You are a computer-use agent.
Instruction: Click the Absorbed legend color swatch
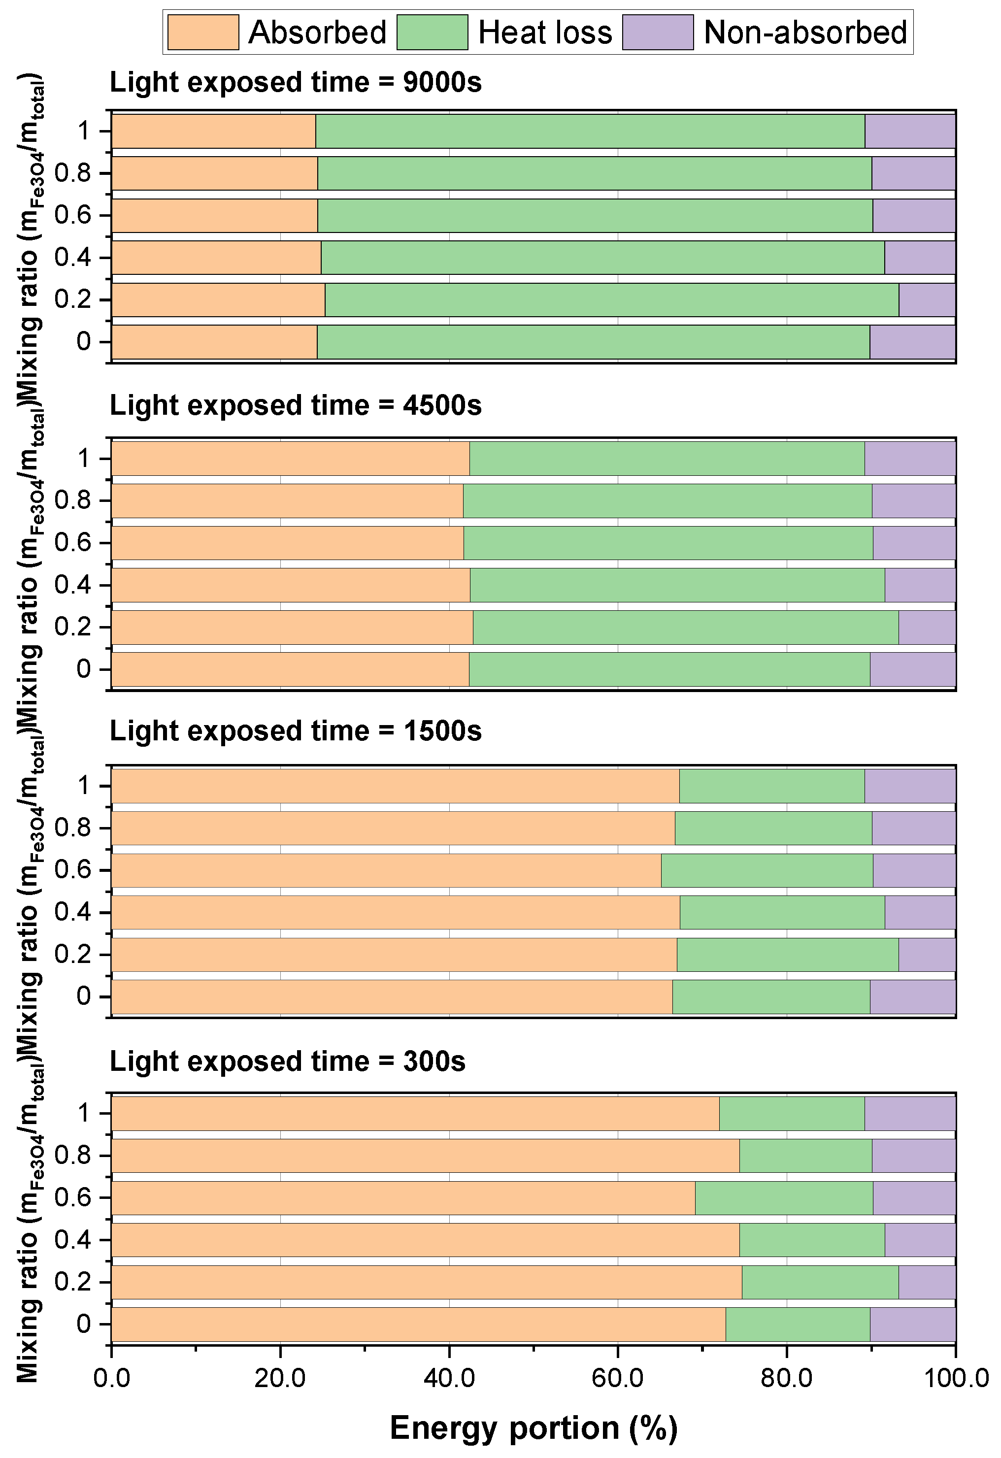click(x=202, y=32)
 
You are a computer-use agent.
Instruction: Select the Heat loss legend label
click(x=545, y=32)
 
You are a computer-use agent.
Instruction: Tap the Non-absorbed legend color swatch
click(x=658, y=32)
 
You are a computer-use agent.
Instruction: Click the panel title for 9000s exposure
click(x=296, y=82)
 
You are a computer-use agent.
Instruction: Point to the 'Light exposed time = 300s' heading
click(x=287, y=1061)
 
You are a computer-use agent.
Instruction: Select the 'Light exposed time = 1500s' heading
click(x=296, y=731)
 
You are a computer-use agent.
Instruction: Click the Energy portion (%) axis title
click(x=534, y=1428)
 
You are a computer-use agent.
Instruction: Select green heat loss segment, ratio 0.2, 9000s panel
click(x=612, y=300)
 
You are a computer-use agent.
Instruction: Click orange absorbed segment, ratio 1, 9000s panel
click(x=213, y=131)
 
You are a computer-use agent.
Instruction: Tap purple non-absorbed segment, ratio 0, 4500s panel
click(x=912, y=669)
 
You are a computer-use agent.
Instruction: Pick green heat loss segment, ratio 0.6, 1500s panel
click(x=767, y=870)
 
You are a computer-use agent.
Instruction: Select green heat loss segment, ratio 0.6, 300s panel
click(x=784, y=1198)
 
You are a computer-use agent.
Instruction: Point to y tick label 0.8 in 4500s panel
click(x=73, y=500)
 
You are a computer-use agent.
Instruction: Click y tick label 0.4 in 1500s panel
click(x=73, y=912)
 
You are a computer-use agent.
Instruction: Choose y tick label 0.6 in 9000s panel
click(x=73, y=215)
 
